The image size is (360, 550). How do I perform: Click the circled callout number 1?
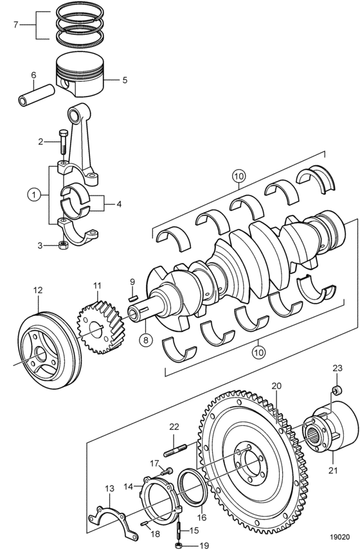[34, 194]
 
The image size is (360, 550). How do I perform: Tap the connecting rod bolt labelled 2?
[63, 142]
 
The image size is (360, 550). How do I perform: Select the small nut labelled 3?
[63, 245]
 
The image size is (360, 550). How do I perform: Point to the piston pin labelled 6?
[37, 95]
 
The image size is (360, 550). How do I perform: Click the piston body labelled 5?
[80, 75]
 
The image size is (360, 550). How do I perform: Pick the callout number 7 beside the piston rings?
[15, 25]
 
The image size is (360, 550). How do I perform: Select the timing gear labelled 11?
[97, 327]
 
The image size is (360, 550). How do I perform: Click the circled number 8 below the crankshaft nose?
[146, 340]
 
